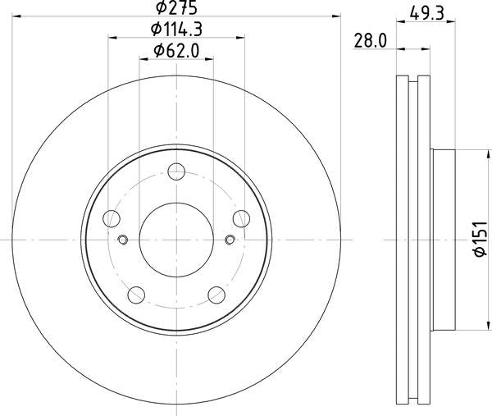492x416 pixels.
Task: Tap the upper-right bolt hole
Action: click(x=240, y=217)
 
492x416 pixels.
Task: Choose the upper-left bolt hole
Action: click(x=112, y=217)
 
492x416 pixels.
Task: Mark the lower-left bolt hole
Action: click(x=136, y=294)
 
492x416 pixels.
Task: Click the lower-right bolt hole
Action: click(x=216, y=294)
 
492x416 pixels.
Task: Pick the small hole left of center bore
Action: click(x=123, y=240)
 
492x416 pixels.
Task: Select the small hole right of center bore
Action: click(x=230, y=240)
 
